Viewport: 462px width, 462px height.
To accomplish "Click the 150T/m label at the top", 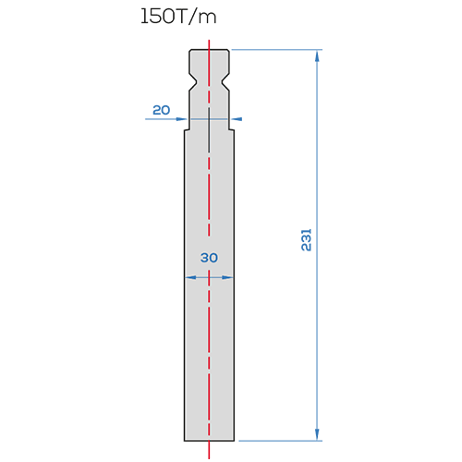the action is (x=178, y=17).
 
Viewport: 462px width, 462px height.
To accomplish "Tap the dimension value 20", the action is (x=162, y=110).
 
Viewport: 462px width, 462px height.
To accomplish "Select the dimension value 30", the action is (x=209, y=258).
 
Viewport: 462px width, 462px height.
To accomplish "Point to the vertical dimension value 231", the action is (x=307, y=240).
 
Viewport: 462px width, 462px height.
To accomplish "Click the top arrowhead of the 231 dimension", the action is (x=317, y=55).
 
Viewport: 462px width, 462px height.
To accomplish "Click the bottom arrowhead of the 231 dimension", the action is (x=317, y=434).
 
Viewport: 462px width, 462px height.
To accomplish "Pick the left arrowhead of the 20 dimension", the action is (x=182, y=119).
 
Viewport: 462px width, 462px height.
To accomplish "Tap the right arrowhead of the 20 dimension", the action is (x=237, y=119).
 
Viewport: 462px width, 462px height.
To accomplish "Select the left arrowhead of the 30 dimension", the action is (x=190, y=277).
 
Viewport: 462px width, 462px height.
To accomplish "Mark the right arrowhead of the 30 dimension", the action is (x=227, y=277).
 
